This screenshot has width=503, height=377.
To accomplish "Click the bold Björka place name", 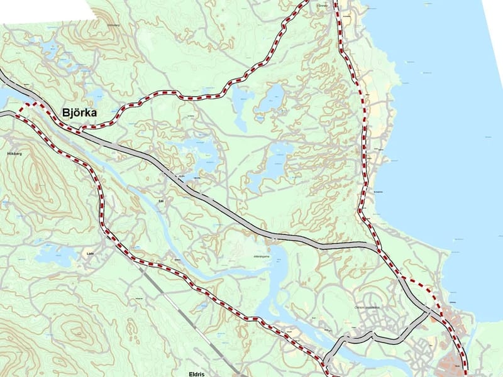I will click(84, 113).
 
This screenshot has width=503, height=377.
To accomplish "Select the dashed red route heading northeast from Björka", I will click(189, 96).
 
